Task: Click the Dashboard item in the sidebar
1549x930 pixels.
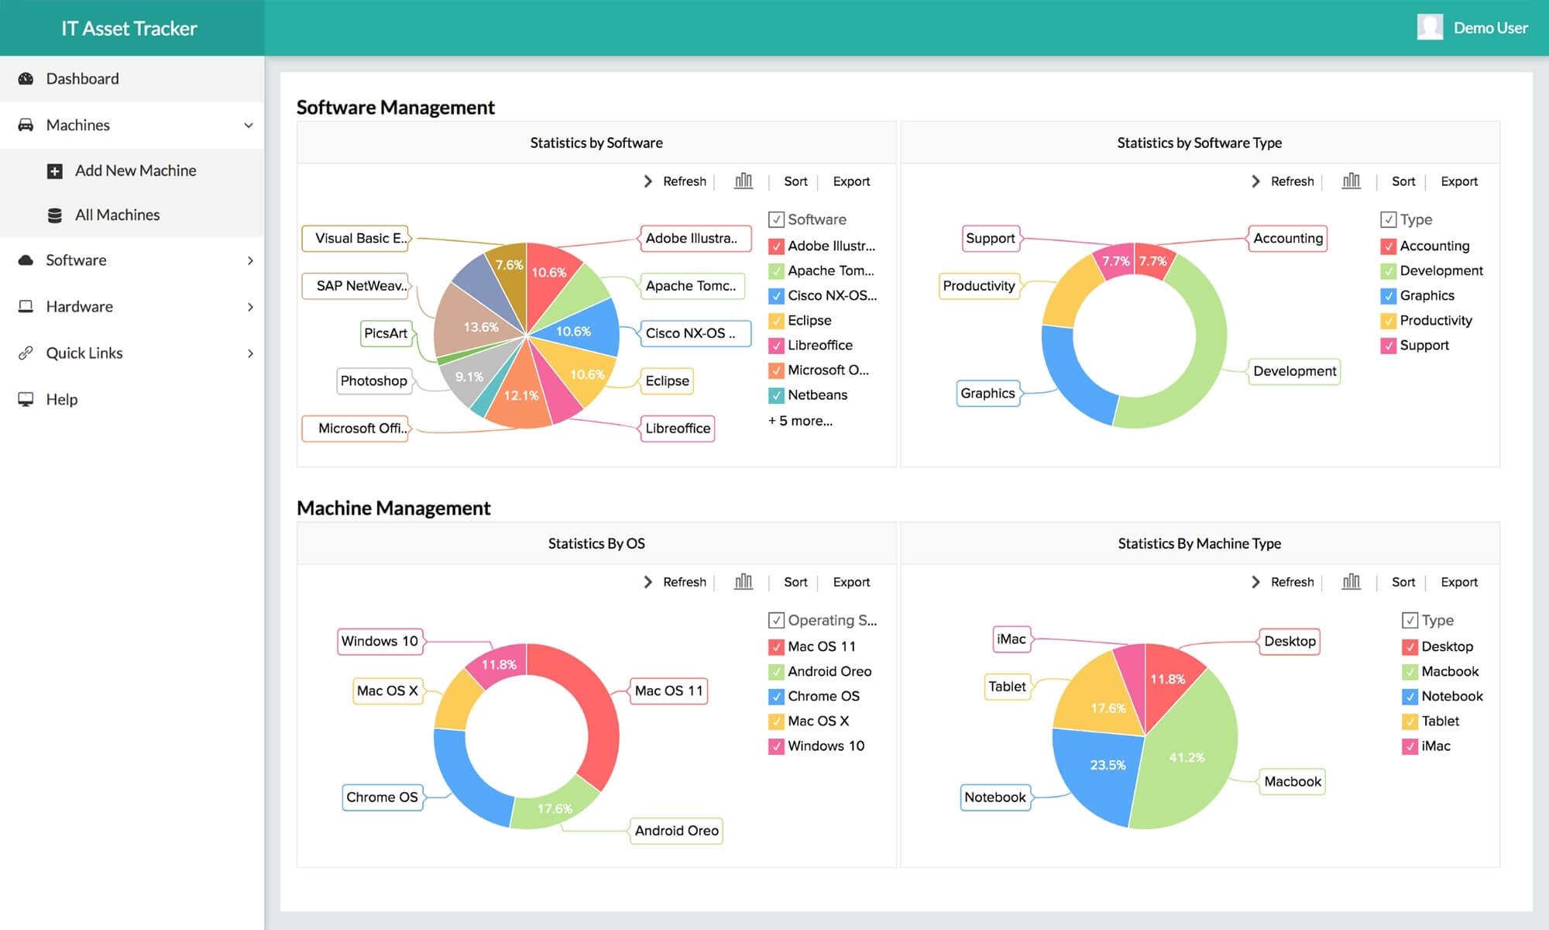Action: click(x=82, y=79)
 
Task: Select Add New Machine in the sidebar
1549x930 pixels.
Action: click(x=135, y=170)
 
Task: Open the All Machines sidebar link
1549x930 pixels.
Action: click(x=117, y=215)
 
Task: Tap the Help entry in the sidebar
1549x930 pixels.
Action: click(x=61, y=400)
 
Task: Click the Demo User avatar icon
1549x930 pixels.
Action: click(x=1430, y=28)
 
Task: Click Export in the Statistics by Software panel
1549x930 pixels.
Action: click(x=851, y=181)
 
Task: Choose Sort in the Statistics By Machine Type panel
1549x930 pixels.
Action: click(x=1403, y=582)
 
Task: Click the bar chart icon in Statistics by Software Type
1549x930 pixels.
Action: click(x=1351, y=181)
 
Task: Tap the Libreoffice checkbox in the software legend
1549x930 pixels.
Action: click(x=776, y=346)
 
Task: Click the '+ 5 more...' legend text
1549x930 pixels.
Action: click(x=800, y=421)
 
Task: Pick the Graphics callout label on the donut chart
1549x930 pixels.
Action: click(x=987, y=394)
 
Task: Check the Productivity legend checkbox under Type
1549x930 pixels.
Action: click(x=1388, y=321)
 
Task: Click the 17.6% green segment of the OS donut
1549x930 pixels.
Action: click(x=554, y=808)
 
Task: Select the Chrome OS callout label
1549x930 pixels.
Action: click(x=382, y=797)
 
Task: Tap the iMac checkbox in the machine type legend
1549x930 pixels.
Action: click(x=1410, y=746)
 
